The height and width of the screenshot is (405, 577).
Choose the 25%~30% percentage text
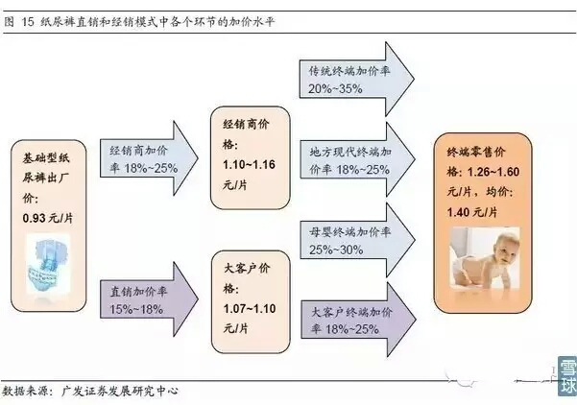tap(336, 249)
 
